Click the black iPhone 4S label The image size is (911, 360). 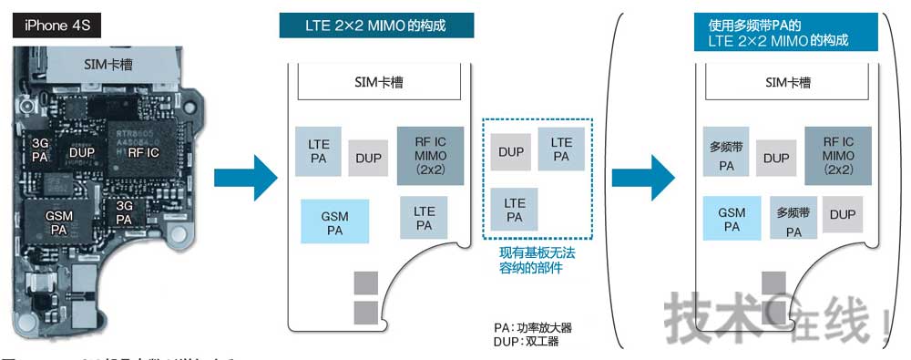[x=56, y=26]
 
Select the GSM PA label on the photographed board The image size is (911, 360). [x=59, y=221]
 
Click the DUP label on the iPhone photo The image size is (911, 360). [x=83, y=152]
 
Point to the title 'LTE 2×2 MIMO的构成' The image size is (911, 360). [x=375, y=26]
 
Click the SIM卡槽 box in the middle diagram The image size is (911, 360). [x=378, y=83]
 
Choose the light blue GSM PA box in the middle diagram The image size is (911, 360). [x=334, y=221]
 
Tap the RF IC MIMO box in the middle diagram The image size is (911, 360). [x=430, y=155]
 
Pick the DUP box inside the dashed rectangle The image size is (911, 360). [x=511, y=151]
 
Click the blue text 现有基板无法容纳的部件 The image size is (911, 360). [x=537, y=259]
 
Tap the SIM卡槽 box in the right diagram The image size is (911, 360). [x=788, y=83]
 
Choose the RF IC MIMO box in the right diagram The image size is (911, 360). [x=838, y=156]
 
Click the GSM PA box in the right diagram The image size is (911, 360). [x=732, y=220]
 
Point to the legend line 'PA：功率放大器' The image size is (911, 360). [x=533, y=327]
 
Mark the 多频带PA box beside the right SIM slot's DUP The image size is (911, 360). [x=727, y=156]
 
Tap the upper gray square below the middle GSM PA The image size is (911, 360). [x=365, y=283]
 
